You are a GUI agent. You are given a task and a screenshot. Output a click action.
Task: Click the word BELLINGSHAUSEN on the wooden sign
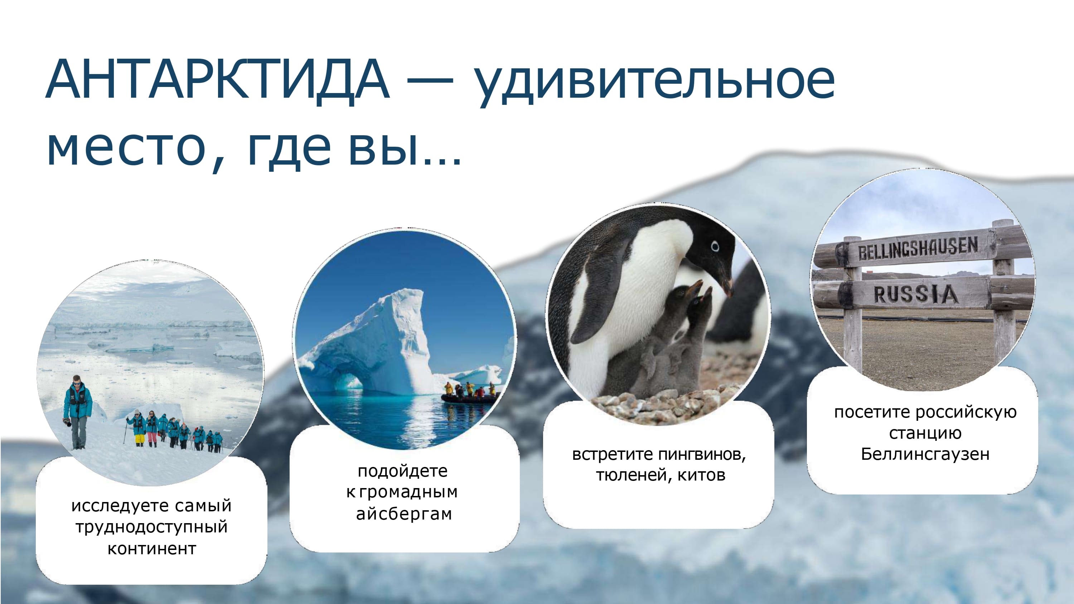point(917,249)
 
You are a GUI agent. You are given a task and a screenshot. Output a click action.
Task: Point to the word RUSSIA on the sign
point(915,294)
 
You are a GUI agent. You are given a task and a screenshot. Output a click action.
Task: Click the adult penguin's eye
point(715,246)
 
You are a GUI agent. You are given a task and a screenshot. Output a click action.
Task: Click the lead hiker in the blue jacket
point(78,412)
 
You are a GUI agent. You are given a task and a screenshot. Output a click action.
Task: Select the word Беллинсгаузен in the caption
point(925,454)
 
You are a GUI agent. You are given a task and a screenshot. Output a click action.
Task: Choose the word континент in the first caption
point(152,549)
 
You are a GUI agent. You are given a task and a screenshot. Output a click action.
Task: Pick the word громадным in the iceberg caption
point(408,493)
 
